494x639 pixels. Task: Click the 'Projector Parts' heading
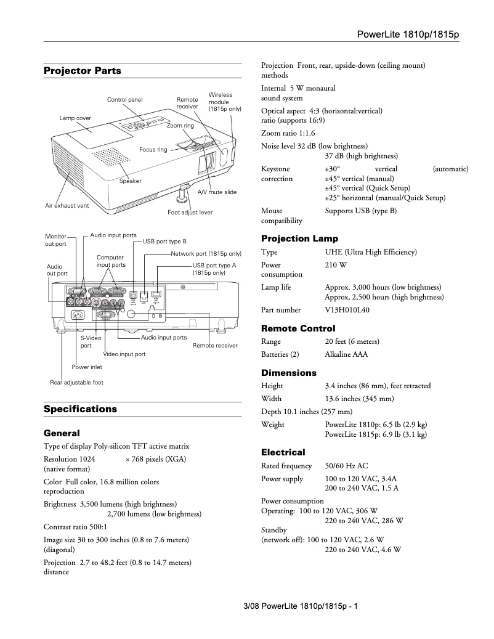[x=83, y=71]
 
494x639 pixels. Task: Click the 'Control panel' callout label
[x=124, y=99]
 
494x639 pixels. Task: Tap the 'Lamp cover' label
[x=75, y=117]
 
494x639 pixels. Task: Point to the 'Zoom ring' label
[x=180, y=126]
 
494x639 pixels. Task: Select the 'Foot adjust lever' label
[x=190, y=213]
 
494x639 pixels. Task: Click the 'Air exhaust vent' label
[x=67, y=205]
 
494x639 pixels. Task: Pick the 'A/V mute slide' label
[x=216, y=192]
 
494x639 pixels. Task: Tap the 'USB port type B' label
[x=164, y=241]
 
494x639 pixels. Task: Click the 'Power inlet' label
[x=87, y=367]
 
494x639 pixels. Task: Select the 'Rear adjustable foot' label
[x=76, y=383]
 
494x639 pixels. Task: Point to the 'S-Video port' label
[x=91, y=342]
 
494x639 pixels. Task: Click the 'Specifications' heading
[x=80, y=409]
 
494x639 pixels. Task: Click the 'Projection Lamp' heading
[x=299, y=238]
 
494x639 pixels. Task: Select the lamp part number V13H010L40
[x=347, y=310]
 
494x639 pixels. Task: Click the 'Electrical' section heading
[x=283, y=452]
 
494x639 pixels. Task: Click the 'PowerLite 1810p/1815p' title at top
[x=408, y=34]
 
